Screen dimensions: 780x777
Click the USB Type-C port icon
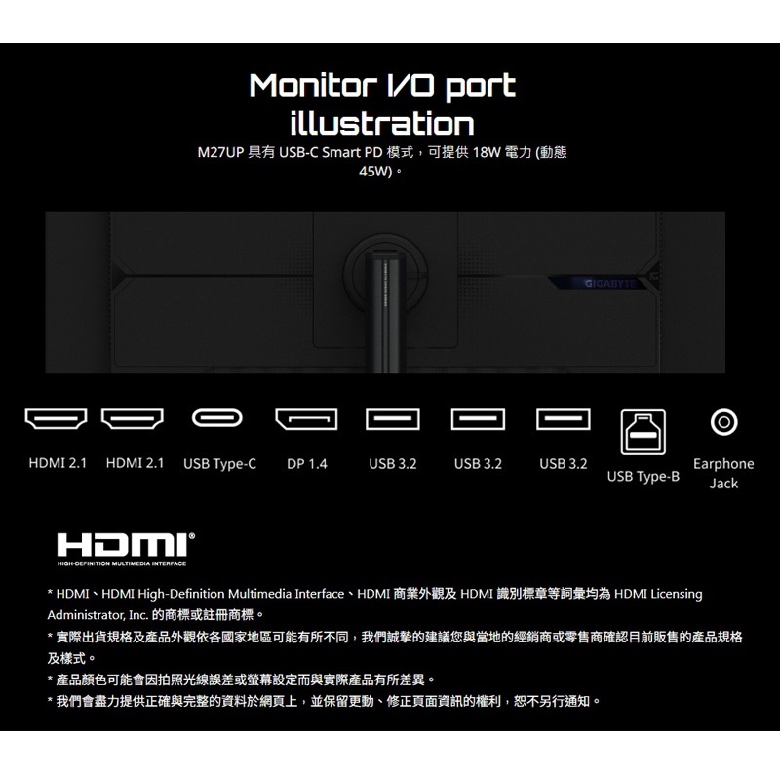[219, 420]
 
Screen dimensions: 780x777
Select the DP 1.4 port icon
[306, 420]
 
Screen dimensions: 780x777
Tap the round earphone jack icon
[723, 421]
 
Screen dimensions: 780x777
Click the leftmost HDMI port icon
[56, 420]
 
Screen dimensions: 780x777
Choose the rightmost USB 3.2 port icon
[564, 420]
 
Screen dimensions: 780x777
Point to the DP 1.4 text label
[307, 464]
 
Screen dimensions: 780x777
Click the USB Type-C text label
[219, 464]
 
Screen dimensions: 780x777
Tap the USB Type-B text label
[643, 477]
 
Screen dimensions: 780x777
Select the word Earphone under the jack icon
[723, 464]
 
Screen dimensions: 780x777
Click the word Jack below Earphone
[723, 484]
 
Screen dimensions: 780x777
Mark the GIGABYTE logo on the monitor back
[607, 284]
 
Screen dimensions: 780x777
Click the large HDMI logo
[125, 545]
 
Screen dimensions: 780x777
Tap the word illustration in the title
[381, 124]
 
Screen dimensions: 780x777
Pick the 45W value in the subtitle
[375, 172]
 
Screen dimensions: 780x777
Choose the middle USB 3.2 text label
[478, 464]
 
